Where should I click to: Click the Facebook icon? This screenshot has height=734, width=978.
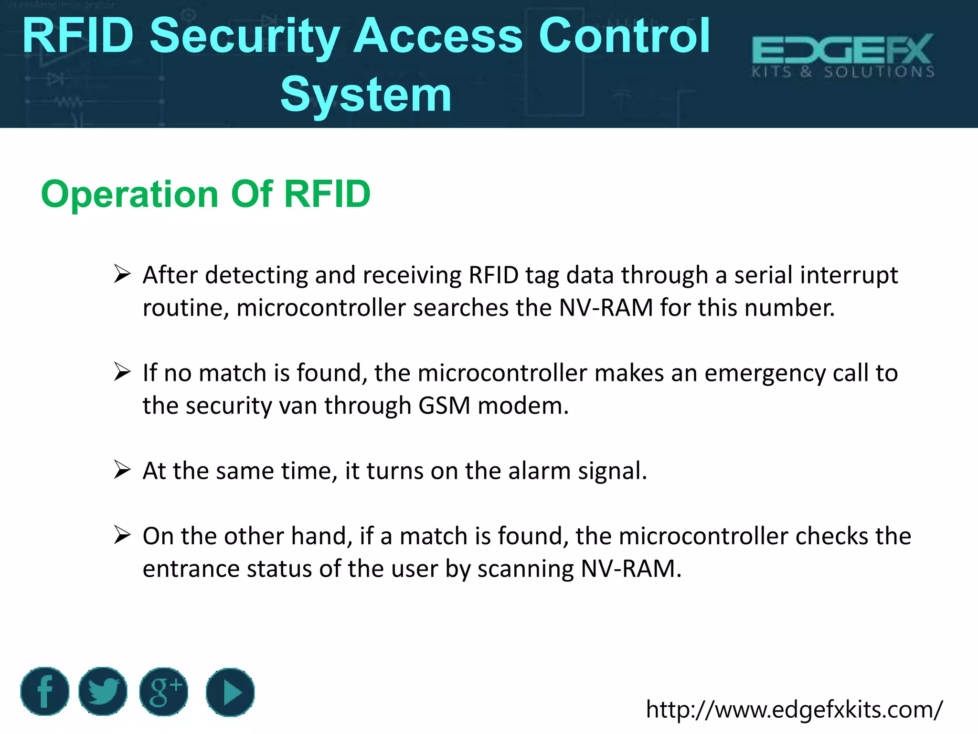pos(45,691)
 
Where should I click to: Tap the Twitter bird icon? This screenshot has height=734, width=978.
pos(103,691)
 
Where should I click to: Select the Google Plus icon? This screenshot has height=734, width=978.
pos(164,691)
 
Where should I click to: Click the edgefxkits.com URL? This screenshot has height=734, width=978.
pos(794,710)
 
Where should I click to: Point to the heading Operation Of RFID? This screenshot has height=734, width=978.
pos(206,194)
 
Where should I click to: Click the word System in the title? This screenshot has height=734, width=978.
pos(366,95)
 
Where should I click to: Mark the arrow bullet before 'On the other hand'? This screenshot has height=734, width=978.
pos(122,535)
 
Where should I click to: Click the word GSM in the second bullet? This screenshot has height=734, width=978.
pos(444,406)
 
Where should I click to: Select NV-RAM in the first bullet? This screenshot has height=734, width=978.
pos(606,308)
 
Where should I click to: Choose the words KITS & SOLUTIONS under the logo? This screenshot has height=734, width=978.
pos(843,72)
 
